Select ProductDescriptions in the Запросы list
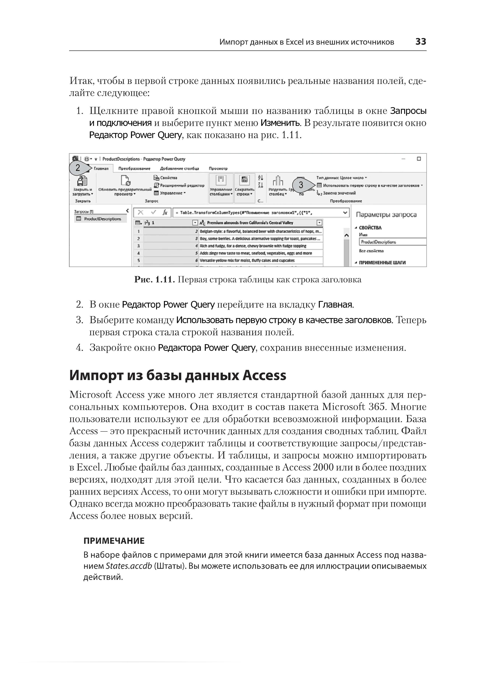pos(102,219)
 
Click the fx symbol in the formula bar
pos(165,213)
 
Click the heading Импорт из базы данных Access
pos(178,375)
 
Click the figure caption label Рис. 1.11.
pos(154,280)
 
